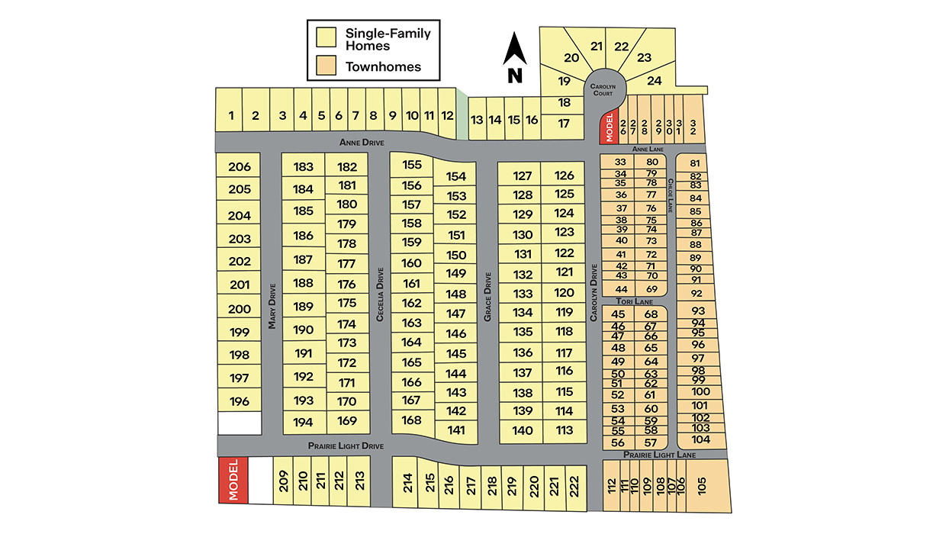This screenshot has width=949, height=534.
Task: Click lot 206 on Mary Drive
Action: [240, 167]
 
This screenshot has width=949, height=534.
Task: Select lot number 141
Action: [456, 430]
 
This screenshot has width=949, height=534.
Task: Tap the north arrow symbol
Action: [515, 57]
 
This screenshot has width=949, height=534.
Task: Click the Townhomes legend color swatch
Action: [327, 66]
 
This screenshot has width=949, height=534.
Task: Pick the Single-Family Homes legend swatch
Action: [327, 37]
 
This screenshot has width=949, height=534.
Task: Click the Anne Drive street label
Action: [362, 143]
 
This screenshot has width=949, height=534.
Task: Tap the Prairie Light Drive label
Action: [346, 446]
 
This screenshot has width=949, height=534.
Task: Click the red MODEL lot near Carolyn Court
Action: [608, 127]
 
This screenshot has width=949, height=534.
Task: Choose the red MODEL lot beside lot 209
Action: [233, 480]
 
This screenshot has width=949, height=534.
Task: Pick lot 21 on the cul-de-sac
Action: [597, 46]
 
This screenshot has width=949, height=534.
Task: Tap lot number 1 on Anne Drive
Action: [230, 116]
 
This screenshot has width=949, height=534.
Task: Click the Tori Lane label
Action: [635, 301]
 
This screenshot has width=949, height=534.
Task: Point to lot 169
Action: [346, 421]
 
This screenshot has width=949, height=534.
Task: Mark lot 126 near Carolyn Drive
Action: [564, 175]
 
